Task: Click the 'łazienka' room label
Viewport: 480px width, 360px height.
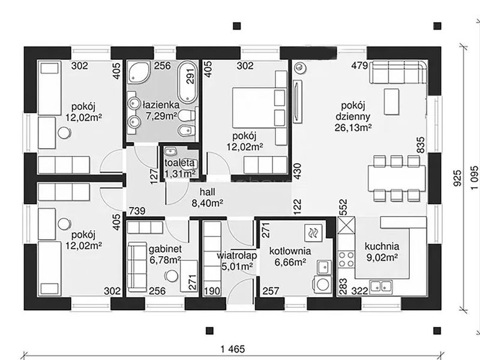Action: point(161,104)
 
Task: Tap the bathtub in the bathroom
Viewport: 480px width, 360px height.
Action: point(187,82)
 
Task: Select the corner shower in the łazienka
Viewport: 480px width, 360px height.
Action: point(139,72)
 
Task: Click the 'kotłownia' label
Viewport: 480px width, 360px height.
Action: point(290,251)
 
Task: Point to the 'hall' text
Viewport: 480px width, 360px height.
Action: point(207,192)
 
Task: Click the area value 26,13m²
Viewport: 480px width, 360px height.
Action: point(353,128)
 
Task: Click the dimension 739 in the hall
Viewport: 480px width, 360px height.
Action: point(137,211)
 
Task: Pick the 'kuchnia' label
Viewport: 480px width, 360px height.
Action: point(382,246)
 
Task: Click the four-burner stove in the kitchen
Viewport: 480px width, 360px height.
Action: point(346,259)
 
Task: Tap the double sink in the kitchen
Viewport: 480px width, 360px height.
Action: point(381,286)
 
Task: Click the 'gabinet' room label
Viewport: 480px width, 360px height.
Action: point(166,249)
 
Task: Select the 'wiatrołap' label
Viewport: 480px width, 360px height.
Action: point(237,256)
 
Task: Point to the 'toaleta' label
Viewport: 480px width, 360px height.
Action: point(179,163)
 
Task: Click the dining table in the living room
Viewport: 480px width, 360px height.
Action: point(397,178)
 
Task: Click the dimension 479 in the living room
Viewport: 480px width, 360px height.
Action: point(359,65)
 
